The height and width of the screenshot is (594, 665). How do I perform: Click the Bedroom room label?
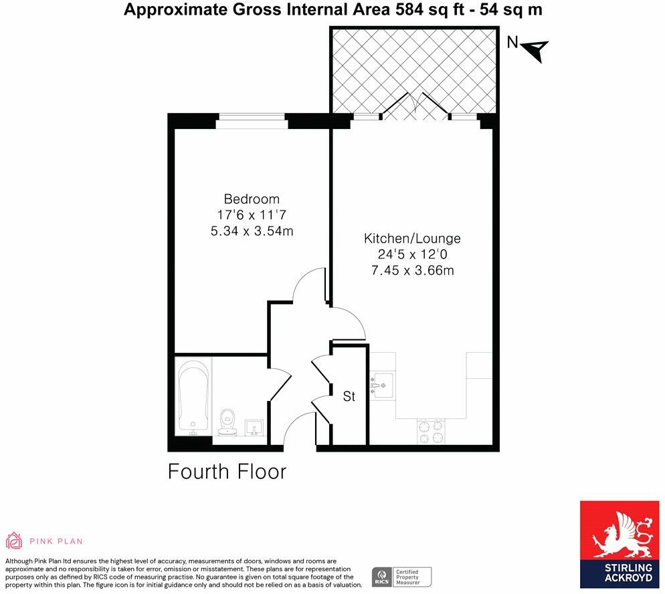[252, 199]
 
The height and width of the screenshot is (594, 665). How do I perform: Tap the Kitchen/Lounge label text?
[412, 239]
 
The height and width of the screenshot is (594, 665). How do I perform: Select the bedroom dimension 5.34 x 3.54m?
[252, 231]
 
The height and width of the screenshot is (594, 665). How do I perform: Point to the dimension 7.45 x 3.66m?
[412, 271]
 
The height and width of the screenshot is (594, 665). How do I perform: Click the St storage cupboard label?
[349, 396]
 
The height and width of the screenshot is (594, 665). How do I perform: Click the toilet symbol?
[227, 421]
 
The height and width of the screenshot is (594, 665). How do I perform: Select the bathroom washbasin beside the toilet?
[254, 426]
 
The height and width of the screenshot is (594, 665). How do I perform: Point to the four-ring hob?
[431, 431]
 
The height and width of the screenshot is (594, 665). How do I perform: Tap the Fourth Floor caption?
[227, 472]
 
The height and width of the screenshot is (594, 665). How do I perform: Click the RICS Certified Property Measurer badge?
[402, 576]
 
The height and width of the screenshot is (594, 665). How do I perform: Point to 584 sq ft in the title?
[415, 9]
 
